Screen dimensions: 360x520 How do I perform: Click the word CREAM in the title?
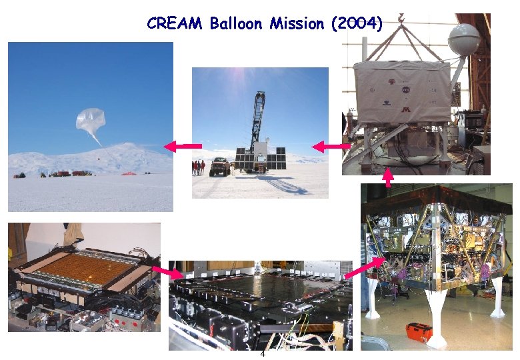(175, 24)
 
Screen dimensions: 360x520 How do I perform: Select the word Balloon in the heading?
(237, 24)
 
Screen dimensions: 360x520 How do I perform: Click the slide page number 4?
(263, 354)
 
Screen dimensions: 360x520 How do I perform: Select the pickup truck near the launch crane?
(220, 166)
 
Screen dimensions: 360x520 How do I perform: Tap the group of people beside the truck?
(199, 167)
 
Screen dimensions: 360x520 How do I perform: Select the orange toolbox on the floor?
(418, 331)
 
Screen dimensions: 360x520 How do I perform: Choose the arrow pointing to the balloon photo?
(183, 146)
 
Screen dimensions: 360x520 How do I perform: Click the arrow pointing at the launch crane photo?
(331, 146)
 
